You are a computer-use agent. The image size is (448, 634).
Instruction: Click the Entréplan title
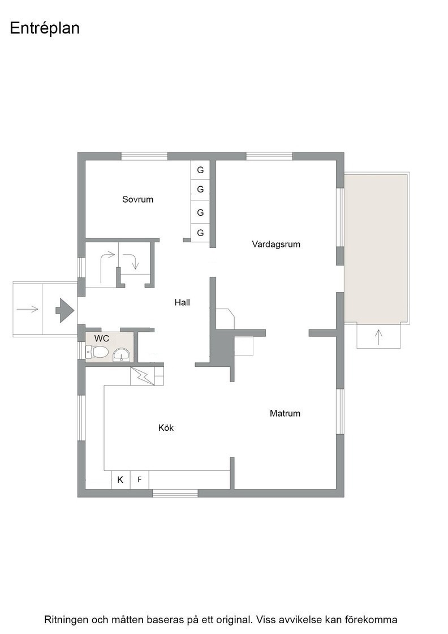pyautogui.click(x=45, y=29)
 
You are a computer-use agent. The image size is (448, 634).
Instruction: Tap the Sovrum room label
pyautogui.click(x=138, y=199)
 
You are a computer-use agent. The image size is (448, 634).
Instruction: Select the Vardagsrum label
pyautogui.click(x=276, y=244)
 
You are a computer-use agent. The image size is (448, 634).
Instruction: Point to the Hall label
pyautogui.click(x=182, y=302)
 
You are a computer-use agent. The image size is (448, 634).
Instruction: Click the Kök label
pyautogui.click(x=166, y=428)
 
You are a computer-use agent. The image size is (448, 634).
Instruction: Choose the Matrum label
pyautogui.click(x=285, y=413)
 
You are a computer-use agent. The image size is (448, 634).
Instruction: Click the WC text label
pyautogui.click(x=101, y=339)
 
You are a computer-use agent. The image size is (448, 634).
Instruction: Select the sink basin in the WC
pyautogui.click(x=121, y=354)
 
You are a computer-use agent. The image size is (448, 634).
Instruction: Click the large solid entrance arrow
pyautogui.click(x=64, y=310)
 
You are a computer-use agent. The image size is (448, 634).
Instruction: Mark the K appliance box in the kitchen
pyautogui.click(x=120, y=480)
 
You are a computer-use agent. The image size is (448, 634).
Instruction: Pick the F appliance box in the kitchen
pyautogui.click(x=139, y=480)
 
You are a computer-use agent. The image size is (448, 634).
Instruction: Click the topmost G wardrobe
pyautogui.click(x=200, y=170)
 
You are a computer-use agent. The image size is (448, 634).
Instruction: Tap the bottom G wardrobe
pyautogui.click(x=200, y=233)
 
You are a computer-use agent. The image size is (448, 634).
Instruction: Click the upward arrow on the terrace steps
pyautogui.click(x=378, y=337)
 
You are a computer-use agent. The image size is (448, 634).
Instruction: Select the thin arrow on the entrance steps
pyautogui.click(x=28, y=309)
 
